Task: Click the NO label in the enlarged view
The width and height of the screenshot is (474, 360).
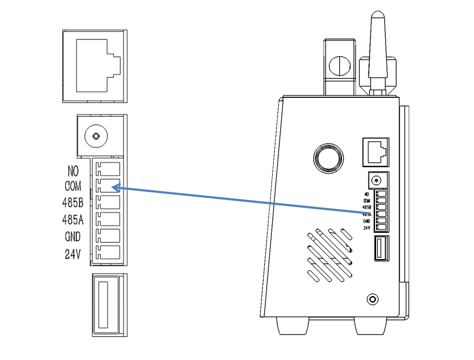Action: [x=73, y=171]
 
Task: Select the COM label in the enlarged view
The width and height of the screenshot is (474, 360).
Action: [x=73, y=187]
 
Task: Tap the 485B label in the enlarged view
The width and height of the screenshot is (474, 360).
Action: [x=73, y=203]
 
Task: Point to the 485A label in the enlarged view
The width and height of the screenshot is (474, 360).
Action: [x=73, y=220]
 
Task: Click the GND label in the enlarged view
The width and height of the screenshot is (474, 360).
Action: [x=73, y=237]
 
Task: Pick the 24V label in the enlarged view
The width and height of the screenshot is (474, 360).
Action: [x=73, y=254]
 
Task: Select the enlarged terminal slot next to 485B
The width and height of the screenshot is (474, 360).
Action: [x=108, y=202]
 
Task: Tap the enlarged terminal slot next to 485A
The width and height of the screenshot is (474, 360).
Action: [x=108, y=219]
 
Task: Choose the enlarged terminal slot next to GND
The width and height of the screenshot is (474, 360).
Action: [x=108, y=236]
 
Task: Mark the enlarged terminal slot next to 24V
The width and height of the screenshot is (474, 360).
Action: [x=108, y=252]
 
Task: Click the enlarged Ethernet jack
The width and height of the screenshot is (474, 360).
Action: [x=95, y=65]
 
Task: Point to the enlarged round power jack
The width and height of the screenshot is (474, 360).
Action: [x=96, y=136]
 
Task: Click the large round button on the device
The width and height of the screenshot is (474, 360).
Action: [x=328, y=158]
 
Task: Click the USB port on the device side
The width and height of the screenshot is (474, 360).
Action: [x=379, y=249]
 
